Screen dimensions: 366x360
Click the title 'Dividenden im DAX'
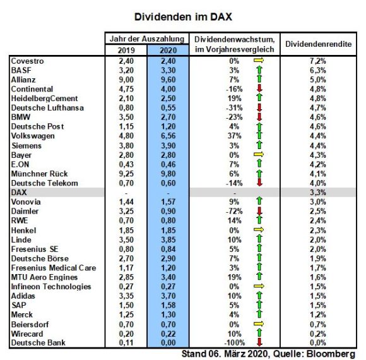click(183, 17)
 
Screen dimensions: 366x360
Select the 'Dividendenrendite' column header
click(319, 44)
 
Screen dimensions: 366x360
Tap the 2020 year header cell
click(168, 51)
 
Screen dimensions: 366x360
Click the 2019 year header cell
click(126, 51)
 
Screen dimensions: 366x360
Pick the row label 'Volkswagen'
click(33, 136)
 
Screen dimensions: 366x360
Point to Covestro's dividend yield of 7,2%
click(318, 61)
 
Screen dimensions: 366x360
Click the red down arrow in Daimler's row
click(259, 211)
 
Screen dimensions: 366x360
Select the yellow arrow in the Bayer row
click(259, 154)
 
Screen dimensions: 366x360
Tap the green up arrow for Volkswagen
click(259, 136)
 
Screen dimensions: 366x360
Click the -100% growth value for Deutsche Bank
click(235, 343)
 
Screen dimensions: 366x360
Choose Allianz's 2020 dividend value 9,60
click(168, 80)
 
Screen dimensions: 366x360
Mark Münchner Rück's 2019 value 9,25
click(126, 174)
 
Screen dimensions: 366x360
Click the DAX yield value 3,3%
click(318, 193)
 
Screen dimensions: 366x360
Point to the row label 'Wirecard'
click(27, 334)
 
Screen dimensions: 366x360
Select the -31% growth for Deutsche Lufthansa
click(234, 108)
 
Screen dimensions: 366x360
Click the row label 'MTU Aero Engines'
click(44, 277)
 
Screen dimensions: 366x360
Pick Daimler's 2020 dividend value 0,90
click(168, 211)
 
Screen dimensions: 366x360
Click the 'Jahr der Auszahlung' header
click(147, 39)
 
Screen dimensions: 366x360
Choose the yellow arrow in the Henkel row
click(259, 230)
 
